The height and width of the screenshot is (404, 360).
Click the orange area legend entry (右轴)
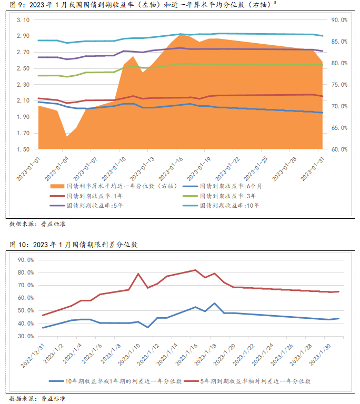[113, 186]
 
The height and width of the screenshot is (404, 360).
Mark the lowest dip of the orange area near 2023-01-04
[67, 137]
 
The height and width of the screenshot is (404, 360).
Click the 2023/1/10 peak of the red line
[138, 274]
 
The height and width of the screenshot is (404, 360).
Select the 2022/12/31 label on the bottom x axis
[35, 358]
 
